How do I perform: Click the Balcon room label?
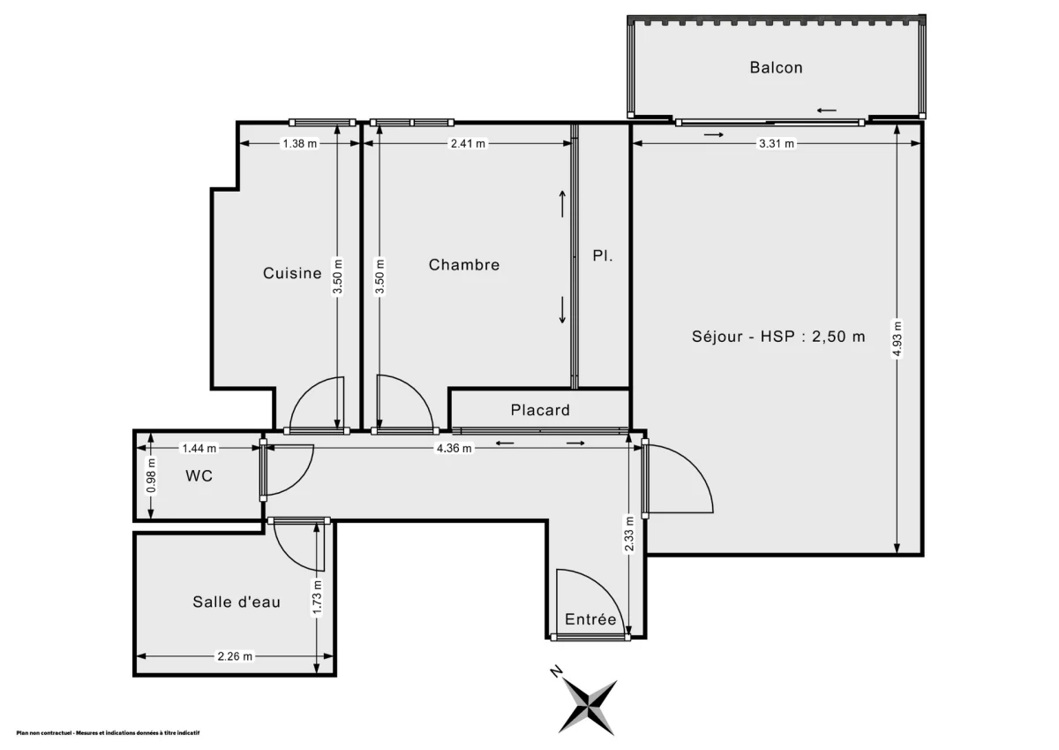pos(777,68)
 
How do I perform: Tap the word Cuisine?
pos(292,273)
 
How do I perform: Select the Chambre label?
pos(464,264)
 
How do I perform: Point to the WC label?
pos(199,475)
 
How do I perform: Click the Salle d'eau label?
pos(237,602)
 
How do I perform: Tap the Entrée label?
pos(590,619)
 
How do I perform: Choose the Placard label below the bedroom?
pos(540,410)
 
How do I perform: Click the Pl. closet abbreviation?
pos(603,256)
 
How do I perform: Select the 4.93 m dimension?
pos(898,339)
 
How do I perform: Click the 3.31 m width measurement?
pos(777,143)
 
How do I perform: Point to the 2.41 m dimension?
pos(468,143)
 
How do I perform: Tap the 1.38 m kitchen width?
pos(300,143)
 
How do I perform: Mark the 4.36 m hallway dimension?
pos(454,448)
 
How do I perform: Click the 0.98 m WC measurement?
pos(151,475)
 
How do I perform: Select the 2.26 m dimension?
pos(235,656)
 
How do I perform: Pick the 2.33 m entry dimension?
pos(628,534)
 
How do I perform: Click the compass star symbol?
pos(588,708)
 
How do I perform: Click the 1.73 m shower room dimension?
pos(317,598)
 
